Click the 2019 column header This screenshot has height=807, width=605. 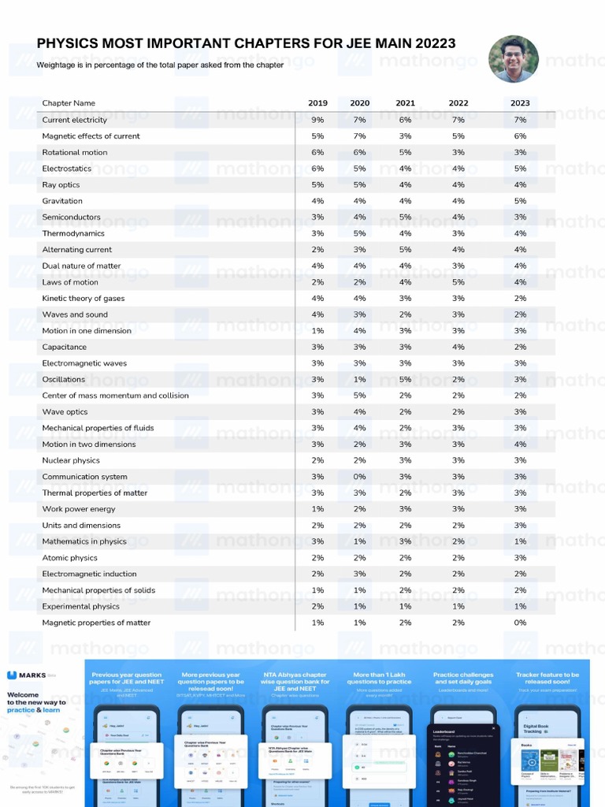tap(317, 103)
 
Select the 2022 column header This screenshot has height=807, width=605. tap(458, 103)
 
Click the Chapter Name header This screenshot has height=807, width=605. tap(69, 103)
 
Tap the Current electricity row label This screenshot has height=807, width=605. tap(74, 120)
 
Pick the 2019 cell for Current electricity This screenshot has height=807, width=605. tap(317, 120)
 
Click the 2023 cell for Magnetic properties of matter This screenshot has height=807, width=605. tap(520, 623)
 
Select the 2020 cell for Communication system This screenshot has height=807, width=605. tap(360, 477)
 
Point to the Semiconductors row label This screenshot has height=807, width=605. tap(71, 217)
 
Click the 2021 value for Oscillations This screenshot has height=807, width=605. tap(405, 379)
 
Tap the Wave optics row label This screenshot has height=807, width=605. tap(65, 411)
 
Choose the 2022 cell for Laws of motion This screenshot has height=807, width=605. tap(458, 282)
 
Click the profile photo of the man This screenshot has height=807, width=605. tap(514, 59)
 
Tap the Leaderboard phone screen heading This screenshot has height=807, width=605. tap(445, 731)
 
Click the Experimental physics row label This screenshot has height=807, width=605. tap(80, 606)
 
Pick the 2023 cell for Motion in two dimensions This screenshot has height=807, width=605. tap(520, 444)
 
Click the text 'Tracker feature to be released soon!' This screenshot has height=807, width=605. tap(547, 679)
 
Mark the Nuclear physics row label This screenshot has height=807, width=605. tap(71, 460)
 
